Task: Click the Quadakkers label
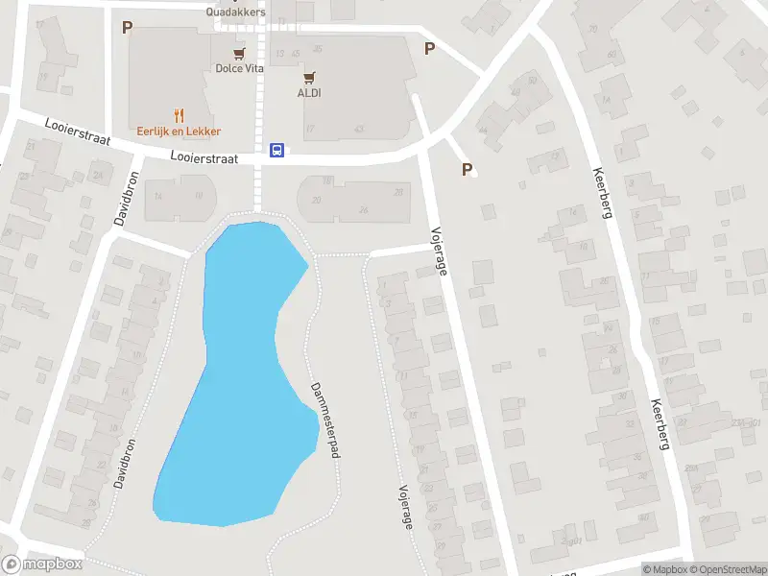(235, 12)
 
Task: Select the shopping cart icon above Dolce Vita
(238, 53)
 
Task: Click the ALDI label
(308, 92)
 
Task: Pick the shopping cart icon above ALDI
(308, 77)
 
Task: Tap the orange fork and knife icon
(179, 115)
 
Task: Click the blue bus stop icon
(276, 150)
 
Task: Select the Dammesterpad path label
(325, 420)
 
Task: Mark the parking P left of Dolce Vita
(127, 28)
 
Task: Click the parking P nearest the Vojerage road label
(468, 170)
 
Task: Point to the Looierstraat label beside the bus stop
(203, 156)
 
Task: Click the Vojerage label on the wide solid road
(439, 251)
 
